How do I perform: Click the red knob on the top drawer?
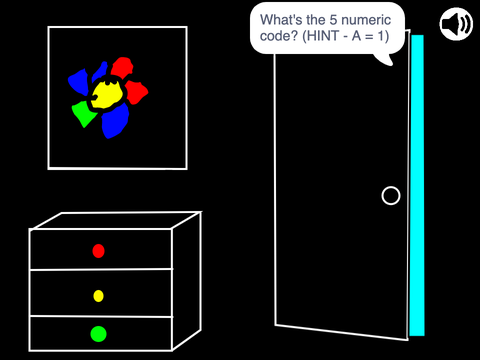tap(98, 251)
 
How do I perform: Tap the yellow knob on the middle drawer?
tap(98, 296)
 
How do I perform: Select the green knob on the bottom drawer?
tap(98, 334)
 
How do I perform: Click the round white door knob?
tap(391, 196)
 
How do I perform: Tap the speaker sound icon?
tap(456, 24)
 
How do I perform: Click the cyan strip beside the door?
tap(417, 185)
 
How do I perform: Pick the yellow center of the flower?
tap(107, 94)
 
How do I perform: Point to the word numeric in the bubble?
tap(366, 20)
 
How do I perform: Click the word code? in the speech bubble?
tap(279, 36)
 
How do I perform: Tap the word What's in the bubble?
tap(281, 20)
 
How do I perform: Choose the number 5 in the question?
tap(333, 20)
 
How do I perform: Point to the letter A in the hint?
tap(356, 36)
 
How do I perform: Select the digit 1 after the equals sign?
tap(381, 36)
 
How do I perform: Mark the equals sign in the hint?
tap(369, 36)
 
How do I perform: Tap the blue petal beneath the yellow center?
tap(115, 121)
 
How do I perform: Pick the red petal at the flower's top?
tap(122, 67)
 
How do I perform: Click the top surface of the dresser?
tap(117, 220)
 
